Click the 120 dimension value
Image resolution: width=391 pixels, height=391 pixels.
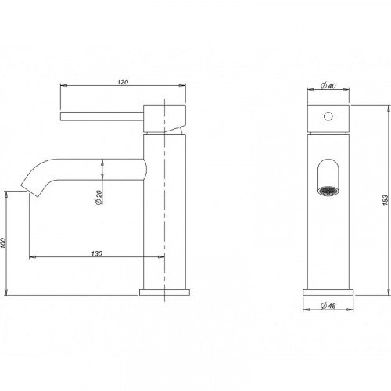[x=123, y=82]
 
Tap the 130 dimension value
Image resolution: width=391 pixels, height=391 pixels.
[x=97, y=253]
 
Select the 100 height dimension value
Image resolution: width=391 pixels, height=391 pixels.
[x=3, y=243]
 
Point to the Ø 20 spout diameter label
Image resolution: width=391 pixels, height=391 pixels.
[x=99, y=197]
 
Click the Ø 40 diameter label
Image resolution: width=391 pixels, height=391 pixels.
[x=328, y=85]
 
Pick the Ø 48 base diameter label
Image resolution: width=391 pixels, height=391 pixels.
[x=328, y=306]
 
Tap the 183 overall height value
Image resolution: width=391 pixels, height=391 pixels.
[x=386, y=200]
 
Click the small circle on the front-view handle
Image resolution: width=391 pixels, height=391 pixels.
[x=328, y=117]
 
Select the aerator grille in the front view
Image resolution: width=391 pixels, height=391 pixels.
[x=328, y=191]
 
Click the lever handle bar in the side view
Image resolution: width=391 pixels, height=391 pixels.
[x=102, y=117]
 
